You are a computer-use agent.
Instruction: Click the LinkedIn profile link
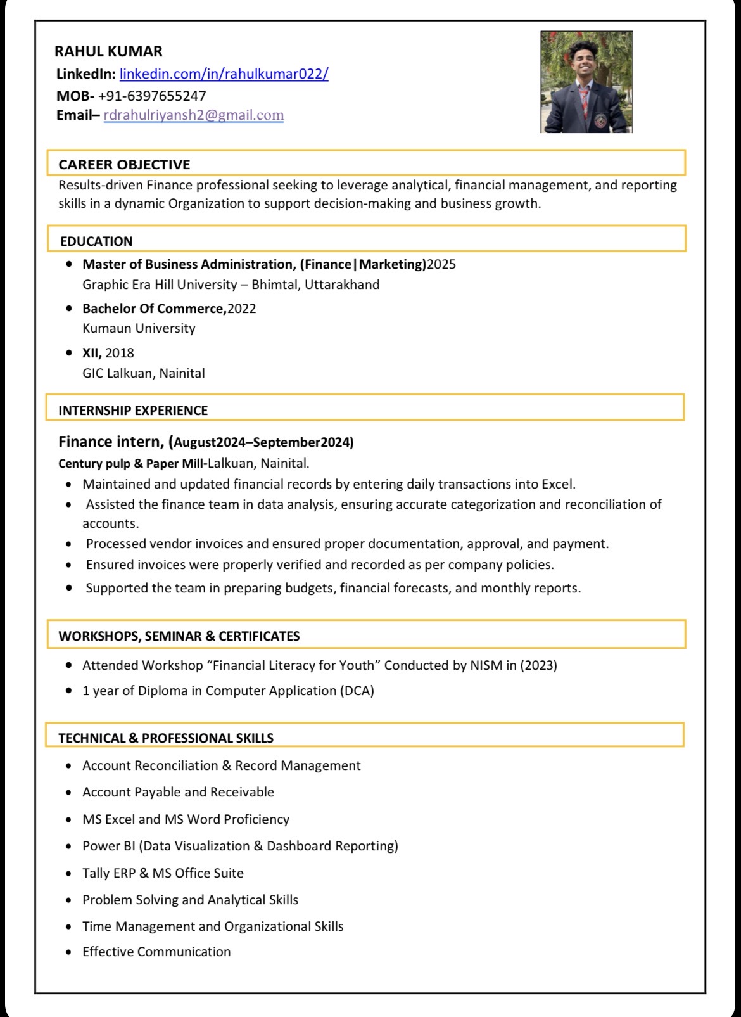click(224, 74)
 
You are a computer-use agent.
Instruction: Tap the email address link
click(193, 115)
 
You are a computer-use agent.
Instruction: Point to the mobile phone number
click(152, 96)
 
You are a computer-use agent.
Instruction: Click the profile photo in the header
click(586, 82)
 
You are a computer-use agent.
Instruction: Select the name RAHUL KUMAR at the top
click(108, 51)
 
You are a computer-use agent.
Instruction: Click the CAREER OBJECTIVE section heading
click(124, 165)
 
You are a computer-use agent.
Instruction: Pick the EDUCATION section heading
click(96, 241)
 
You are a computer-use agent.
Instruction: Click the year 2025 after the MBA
click(441, 264)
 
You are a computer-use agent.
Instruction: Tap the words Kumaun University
click(139, 328)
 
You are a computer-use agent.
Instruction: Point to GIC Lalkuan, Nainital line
click(144, 373)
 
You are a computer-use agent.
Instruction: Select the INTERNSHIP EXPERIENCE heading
click(133, 411)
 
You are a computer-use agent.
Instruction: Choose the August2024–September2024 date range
click(263, 442)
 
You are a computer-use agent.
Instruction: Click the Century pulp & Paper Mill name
click(131, 463)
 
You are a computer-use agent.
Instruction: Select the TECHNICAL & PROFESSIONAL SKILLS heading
click(166, 738)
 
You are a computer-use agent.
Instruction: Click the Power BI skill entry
click(240, 846)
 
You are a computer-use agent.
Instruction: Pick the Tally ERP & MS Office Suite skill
click(163, 873)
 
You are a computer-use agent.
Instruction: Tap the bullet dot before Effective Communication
click(69, 952)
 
